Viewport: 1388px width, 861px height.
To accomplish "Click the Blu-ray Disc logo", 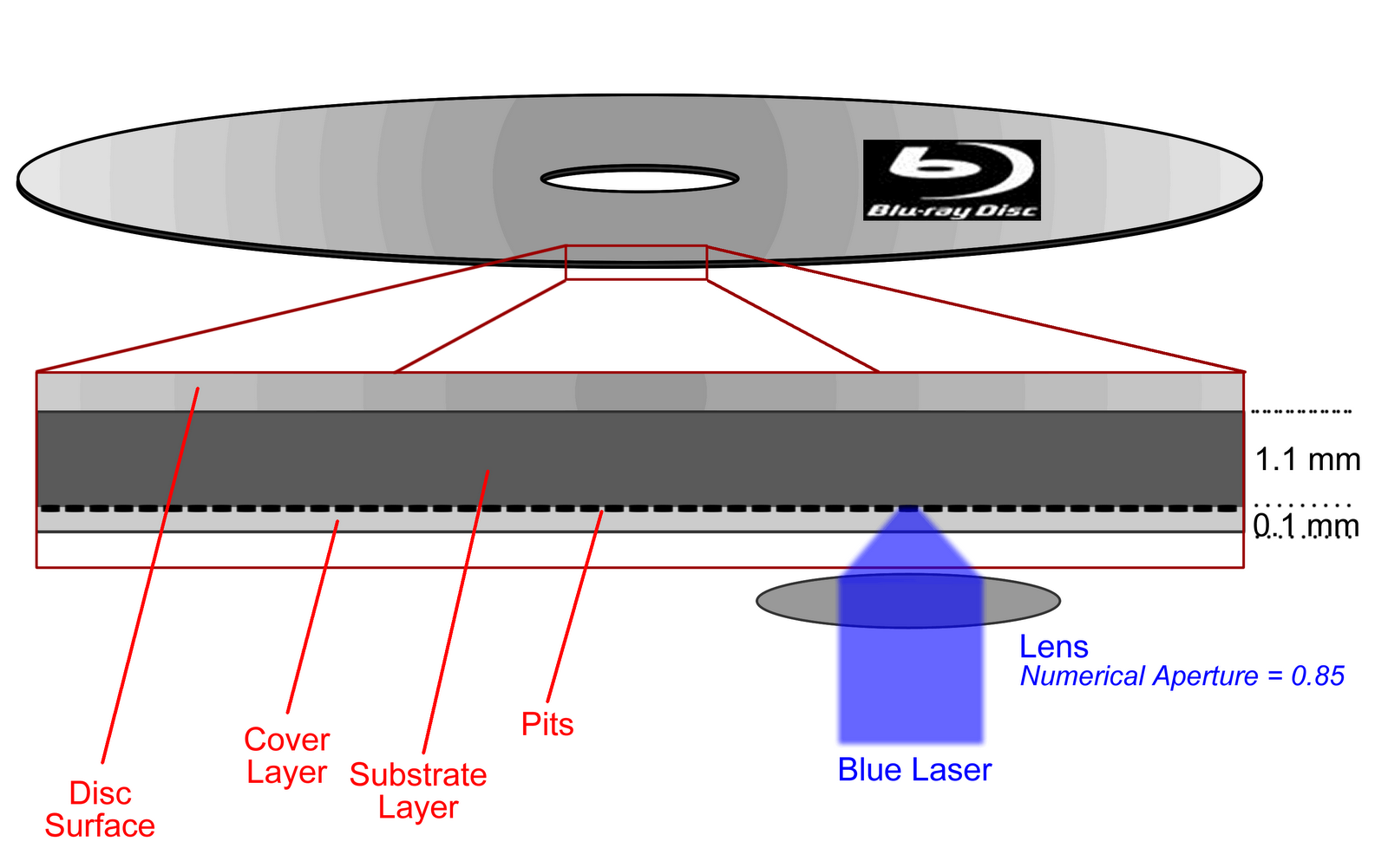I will [x=952, y=179].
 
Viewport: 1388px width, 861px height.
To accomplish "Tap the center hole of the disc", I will [x=639, y=179].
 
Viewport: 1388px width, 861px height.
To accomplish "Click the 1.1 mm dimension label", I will [x=1307, y=460].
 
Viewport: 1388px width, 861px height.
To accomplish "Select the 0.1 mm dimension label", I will [x=1306, y=526].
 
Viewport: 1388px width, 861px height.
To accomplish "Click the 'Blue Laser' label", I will [x=913, y=770].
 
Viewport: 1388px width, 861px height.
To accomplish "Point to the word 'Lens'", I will [x=1053, y=647].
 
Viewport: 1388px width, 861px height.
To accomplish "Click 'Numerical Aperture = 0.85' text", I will [x=1182, y=676].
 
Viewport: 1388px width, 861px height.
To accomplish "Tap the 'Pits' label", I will [x=547, y=724].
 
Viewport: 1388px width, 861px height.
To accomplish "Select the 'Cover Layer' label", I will [x=286, y=756].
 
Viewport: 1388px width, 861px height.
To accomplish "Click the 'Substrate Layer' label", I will [x=418, y=791].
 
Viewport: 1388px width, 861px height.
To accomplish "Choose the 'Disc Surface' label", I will [x=100, y=809].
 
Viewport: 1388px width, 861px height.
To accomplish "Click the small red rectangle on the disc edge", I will [x=636, y=263].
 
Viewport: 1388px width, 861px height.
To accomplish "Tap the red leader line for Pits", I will [x=573, y=607].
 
